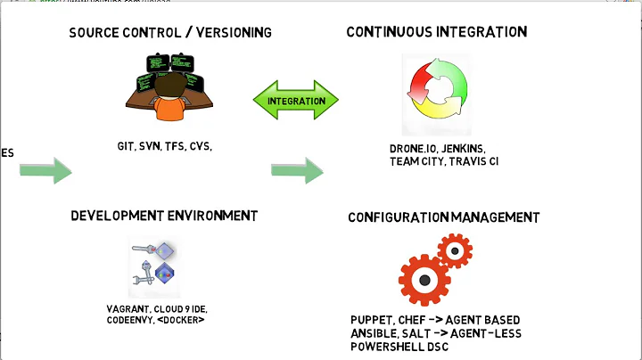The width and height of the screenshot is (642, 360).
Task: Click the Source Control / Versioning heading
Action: click(169, 33)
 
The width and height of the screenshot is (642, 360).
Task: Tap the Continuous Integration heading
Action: click(436, 32)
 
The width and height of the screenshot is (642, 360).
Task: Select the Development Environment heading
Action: click(164, 216)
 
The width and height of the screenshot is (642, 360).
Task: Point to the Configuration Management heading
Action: click(443, 217)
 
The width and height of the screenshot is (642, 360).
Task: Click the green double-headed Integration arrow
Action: click(297, 101)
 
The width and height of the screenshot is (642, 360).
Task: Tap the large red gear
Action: click(424, 279)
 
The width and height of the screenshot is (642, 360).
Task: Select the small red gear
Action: click(455, 252)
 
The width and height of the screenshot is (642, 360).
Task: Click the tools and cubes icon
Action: click(153, 266)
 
